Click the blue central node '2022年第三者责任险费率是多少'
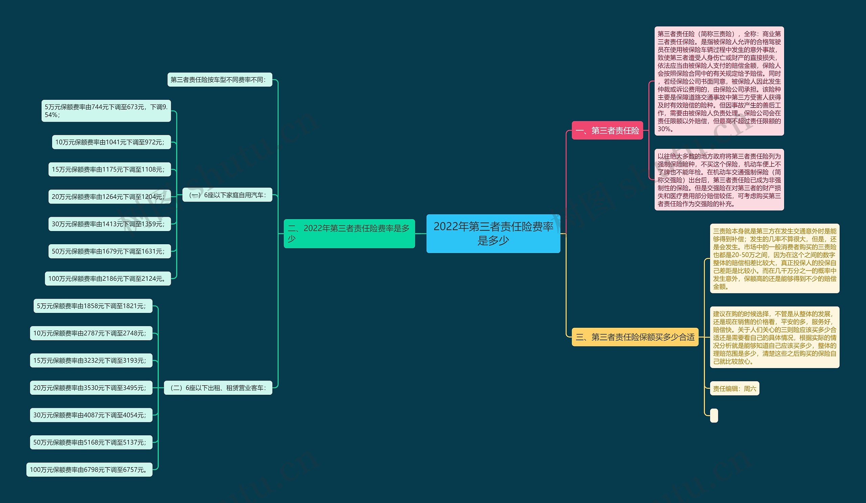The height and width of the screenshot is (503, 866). coord(493,234)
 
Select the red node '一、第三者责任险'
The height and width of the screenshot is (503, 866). coord(607,131)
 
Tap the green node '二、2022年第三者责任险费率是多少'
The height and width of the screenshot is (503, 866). coord(349,234)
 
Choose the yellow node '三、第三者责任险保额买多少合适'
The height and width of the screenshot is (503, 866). coord(635,337)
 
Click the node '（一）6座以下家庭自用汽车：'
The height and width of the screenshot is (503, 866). coord(227,195)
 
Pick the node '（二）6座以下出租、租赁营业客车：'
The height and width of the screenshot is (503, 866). coord(218,388)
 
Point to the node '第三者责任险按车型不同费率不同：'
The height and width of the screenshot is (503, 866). coord(220,80)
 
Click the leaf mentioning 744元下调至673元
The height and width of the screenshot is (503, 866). coord(106,111)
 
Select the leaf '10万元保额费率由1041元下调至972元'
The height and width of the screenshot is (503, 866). coord(111,142)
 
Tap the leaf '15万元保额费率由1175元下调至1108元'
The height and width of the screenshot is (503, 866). coord(110,169)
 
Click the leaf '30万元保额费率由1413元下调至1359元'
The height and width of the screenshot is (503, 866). coord(110,224)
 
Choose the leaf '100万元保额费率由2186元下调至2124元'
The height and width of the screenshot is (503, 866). coord(108,278)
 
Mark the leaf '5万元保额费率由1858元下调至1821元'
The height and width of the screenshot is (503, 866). coord(93,306)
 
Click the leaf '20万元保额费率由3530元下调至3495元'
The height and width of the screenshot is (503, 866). coord(91,388)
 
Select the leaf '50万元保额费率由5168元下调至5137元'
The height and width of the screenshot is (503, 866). coord(91,442)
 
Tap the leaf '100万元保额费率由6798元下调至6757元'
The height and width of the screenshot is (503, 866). coord(89,469)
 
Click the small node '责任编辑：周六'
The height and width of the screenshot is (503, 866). coord(734,389)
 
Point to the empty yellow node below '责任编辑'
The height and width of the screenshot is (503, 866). coord(714,415)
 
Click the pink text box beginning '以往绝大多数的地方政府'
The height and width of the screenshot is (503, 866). coord(719,180)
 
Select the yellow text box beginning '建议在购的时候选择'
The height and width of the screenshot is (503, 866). coord(775,337)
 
